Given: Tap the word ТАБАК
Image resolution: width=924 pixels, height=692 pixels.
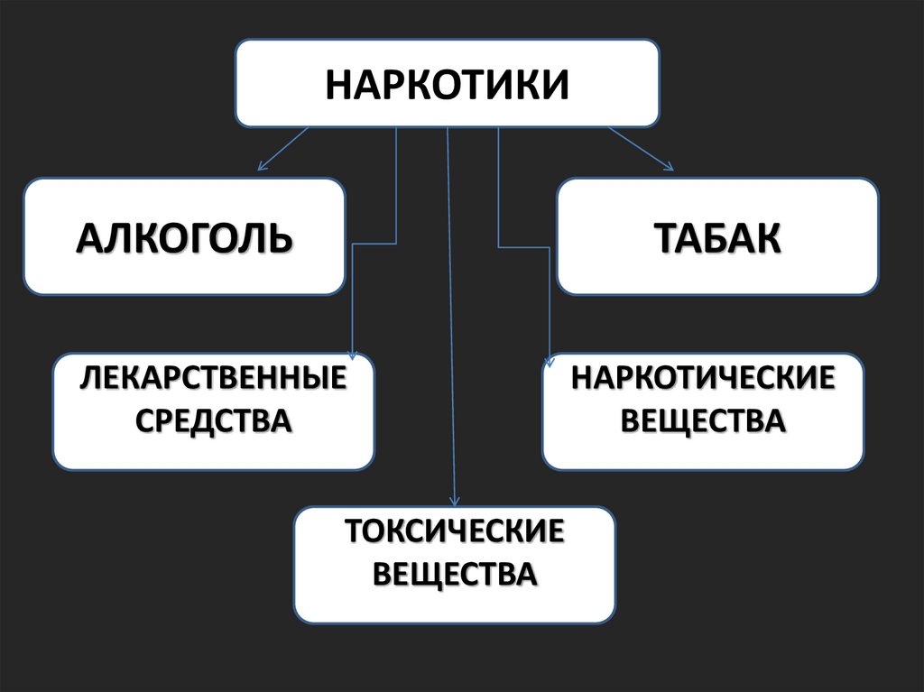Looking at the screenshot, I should point(716,237).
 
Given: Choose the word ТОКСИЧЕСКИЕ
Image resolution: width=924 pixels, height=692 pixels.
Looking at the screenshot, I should point(455,531).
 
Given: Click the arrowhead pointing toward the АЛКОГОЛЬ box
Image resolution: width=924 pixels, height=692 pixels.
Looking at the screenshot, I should point(262,166).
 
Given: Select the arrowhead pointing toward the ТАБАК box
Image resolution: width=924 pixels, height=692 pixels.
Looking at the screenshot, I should point(669,166).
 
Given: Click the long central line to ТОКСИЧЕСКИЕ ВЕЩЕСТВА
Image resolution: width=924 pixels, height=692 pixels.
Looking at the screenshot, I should point(451,316).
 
